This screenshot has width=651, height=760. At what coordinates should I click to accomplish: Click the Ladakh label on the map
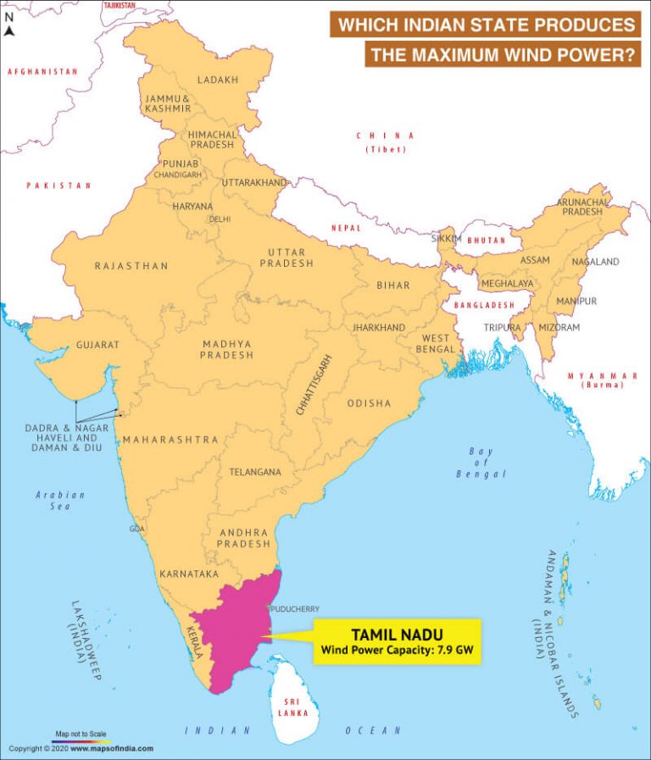[217, 80]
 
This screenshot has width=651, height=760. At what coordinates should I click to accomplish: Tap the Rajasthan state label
[131, 266]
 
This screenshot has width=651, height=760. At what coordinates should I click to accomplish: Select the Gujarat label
[97, 345]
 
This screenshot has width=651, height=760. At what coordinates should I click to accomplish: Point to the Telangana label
[255, 472]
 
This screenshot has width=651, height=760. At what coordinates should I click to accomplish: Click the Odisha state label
[369, 403]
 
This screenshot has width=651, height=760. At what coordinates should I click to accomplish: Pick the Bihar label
[393, 286]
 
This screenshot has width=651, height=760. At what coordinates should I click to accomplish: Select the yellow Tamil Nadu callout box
[398, 641]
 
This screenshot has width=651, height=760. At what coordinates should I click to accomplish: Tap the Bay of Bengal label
[481, 463]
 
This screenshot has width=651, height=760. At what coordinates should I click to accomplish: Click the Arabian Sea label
[60, 500]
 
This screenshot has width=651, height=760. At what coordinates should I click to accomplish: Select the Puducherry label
[294, 608]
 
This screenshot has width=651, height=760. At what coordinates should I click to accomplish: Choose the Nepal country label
[346, 228]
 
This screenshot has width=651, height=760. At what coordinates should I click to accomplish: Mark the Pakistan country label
[58, 185]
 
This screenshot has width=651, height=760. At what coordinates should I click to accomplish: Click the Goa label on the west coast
[136, 529]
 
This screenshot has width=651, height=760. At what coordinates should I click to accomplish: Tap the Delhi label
[220, 219]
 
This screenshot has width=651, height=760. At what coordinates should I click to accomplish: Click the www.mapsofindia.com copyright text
[112, 748]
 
